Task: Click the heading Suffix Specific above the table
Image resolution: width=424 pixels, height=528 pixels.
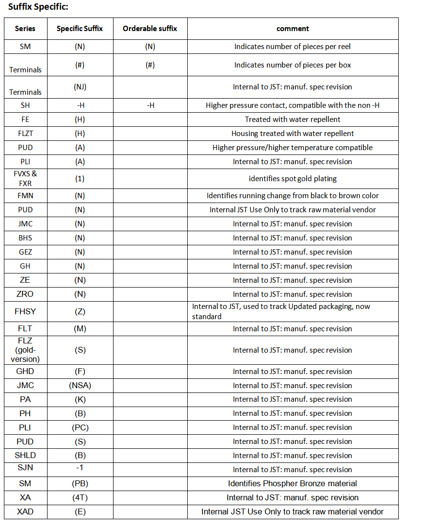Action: click(x=38, y=7)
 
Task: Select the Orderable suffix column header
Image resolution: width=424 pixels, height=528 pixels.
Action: click(x=150, y=29)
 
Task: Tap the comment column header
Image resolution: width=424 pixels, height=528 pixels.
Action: click(x=293, y=29)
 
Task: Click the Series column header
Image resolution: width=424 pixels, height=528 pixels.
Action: click(x=25, y=29)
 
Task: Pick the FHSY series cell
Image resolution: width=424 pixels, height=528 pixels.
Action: click(x=25, y=311)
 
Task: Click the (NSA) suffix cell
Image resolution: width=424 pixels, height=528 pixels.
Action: click(x=80, y=385)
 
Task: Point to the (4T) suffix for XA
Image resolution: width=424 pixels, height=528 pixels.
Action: click(x=80, y=497)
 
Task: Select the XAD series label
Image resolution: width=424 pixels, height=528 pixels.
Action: click(x=25, y=511)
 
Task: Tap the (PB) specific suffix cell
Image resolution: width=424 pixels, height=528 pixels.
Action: click(x=80, y=483)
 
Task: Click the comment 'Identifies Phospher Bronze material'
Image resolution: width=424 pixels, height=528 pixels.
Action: click(x=293, y=483)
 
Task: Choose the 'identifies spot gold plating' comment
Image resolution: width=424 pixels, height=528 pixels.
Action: click(x=293, y=178)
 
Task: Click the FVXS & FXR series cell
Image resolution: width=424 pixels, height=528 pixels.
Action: click(x=25, y=178)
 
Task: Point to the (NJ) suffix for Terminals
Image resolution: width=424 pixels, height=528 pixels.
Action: click(x=80, y=87)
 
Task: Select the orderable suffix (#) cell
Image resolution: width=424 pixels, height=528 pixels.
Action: click(x=150, y=65)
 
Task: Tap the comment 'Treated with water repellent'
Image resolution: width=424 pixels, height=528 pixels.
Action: click(x=293, y=119)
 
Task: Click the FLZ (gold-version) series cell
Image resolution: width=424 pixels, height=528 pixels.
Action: click(x=25, y=350)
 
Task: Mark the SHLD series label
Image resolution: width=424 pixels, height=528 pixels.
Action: click(x=25, y=455)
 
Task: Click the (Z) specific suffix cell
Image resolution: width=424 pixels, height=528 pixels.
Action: click(x=80, y=311)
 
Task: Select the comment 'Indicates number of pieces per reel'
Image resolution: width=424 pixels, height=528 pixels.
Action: click(x=293, y=47)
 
